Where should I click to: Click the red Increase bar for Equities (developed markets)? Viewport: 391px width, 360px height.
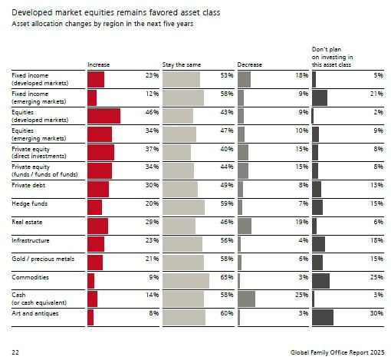click(x=103, y=116)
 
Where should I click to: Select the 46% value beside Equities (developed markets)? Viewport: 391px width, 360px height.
click(x=152, y=112)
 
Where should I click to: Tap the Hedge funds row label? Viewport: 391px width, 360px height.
click(x=30, y=203)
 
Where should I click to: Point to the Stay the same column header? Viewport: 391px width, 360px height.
click(x=182, y=64)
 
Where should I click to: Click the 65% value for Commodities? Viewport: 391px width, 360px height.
click(x=227, y=277)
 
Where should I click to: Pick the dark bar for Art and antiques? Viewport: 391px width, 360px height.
click(x=323, y=317)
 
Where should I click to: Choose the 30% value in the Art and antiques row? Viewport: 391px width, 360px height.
click(x=376, y=313)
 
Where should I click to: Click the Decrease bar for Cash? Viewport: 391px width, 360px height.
click(x=246, y=299)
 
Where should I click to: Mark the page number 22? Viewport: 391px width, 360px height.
click(x=15, y=352)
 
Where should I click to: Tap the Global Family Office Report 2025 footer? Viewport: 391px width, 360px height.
click(x=337, y=352)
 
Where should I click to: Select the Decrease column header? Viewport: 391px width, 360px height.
click(x=249, y=64)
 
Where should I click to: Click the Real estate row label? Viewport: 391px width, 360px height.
click(x=27, y=222)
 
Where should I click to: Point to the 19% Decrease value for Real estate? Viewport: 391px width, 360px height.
click(x=302, y=222)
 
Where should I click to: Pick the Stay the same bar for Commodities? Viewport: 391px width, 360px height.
click(x=186, y=281)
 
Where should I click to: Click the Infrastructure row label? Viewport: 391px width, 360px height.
click(x=31, y=240)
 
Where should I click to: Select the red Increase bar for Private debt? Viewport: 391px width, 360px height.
click(x=98, y=190)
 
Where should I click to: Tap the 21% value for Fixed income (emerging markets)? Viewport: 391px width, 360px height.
click(x=376, y=94)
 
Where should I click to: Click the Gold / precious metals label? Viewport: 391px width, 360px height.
click(x=43, y=259)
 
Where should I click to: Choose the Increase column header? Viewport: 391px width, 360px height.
click(x=98, y=64)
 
